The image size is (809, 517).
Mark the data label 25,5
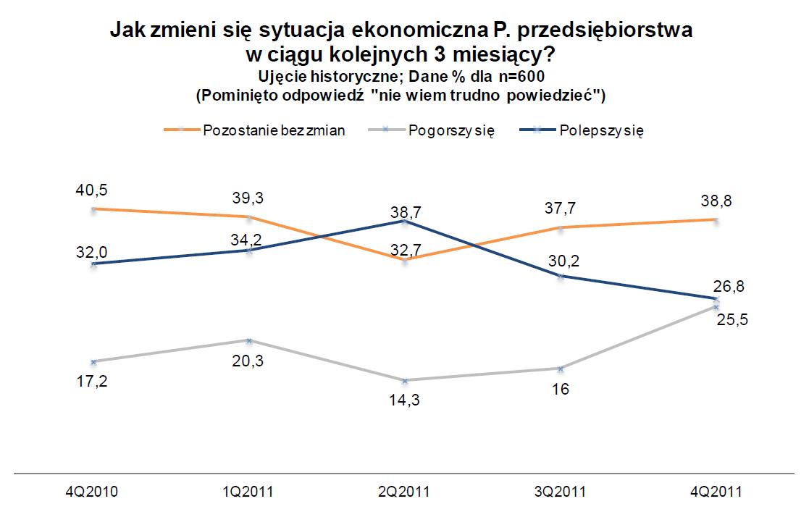(x=732, y=319)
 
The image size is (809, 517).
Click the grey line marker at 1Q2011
(x=248, y=340)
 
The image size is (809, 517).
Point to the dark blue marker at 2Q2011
(x=404, y=222)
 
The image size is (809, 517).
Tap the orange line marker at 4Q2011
(x=716, y=219)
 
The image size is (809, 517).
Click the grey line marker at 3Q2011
(x=560, y=369)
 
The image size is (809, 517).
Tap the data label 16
(x=560, y=389)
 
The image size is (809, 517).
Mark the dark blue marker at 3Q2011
(x=560, y=277)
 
